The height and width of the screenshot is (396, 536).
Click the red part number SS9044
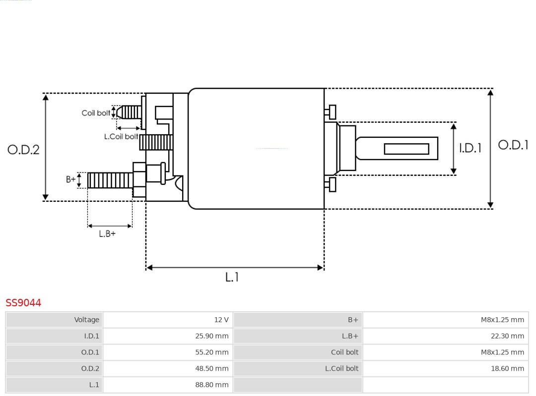pyautogui.click(x=23, y=303)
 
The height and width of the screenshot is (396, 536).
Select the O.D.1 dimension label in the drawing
pyautogui.click(x=513, y=145)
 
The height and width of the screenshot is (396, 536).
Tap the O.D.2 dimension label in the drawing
pyautogui.click(x=23, y=150)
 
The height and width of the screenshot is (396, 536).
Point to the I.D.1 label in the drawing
pyautogui.click(x=469, y=148)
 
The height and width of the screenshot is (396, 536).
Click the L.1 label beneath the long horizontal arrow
pyautogui.click(x=232, y=278)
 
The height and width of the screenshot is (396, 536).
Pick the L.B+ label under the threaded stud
pyautogui.click(x=107, y=233)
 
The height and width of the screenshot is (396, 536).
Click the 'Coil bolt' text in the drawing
pyautogui.click(x=96, y=113)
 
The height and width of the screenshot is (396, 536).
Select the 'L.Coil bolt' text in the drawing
pyautogui.click(x=121, y=136)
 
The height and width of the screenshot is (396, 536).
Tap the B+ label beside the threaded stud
pyautogui.click(x=71, y=179)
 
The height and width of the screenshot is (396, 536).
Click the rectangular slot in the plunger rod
pyautogui.click(x=406, y=149)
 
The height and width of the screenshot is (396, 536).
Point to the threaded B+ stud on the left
pyautogui.click(x=110, y=180)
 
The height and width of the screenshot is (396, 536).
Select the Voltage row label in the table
pyautogui.click(x=87, y=320)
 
